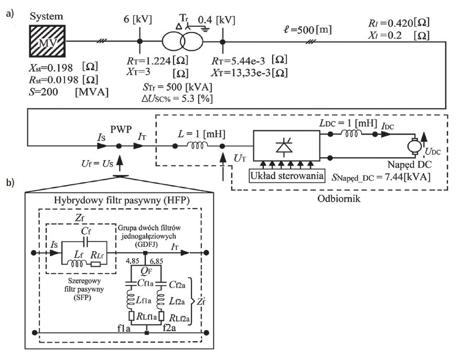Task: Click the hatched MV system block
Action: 47,41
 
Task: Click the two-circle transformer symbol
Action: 183,42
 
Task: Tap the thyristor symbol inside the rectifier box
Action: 284,145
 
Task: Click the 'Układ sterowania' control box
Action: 287,176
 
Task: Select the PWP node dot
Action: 119,146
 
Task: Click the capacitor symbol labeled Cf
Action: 85,242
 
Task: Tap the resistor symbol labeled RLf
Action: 96,264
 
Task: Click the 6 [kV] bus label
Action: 137,19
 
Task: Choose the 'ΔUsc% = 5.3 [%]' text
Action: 177,99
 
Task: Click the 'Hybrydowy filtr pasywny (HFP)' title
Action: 122,200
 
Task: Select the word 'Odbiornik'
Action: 339,199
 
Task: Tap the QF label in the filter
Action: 146,271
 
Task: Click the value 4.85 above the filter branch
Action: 132,261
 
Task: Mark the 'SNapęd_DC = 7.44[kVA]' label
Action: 381,177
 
